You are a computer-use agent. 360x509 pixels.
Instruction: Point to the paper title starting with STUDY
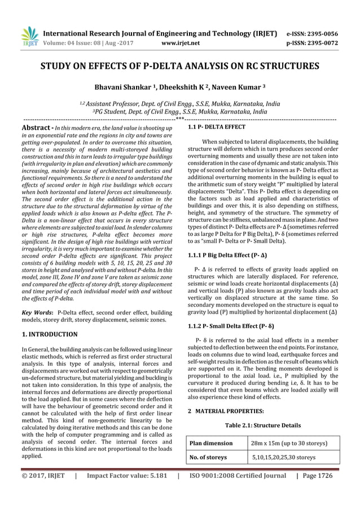click(x=179, y=66)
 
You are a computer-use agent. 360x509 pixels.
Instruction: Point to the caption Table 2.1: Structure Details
click(x=263, y=425)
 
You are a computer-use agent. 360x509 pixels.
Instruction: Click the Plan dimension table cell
click(x=211, y=444)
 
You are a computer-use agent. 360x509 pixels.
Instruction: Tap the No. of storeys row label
click(x=209, y=457)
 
